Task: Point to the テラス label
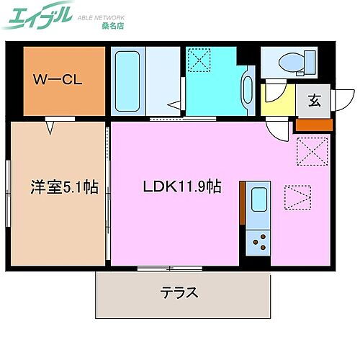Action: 180,293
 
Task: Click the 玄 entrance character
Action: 315,101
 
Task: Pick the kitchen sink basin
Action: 257,200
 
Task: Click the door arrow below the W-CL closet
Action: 50,128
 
